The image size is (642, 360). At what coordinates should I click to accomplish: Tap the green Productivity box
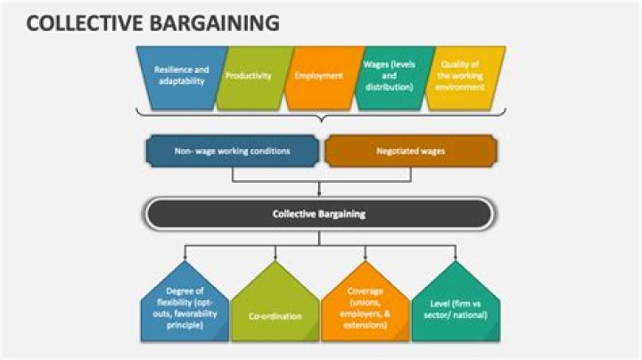point(249,76)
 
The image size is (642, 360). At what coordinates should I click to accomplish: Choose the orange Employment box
point(319,76)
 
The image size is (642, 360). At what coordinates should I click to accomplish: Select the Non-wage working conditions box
point(232,151)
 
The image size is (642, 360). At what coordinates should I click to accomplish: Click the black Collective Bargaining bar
point(318,214)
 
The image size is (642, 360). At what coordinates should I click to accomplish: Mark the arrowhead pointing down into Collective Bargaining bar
point(319,191)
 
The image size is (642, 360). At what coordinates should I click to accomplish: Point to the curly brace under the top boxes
point(318,117)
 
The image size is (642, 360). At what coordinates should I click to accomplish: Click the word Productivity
point(249,76)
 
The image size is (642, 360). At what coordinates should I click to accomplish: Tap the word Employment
point(319,76)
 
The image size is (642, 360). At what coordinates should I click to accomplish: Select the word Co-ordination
point(274,315)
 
